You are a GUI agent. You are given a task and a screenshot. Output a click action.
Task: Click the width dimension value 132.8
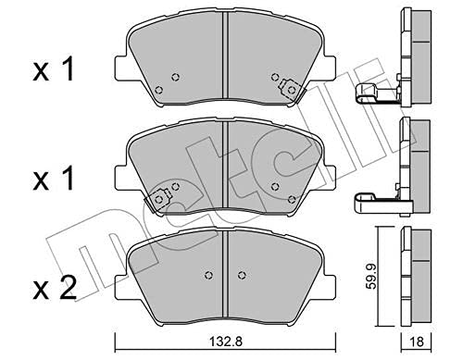pos(226,341)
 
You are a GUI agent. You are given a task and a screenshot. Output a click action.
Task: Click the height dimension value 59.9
pos(372,276)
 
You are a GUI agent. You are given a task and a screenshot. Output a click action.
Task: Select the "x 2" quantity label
pos(55,288)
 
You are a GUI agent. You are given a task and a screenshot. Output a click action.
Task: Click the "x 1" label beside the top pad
pos(53,69)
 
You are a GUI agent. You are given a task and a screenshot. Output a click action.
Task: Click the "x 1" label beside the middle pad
pos(53,179)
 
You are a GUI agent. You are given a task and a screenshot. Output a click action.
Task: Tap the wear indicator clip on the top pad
pos(291,90)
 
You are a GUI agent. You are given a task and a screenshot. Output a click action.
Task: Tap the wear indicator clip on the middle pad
pos(158,200)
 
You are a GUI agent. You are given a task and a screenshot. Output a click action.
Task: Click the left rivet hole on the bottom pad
pos(209,275)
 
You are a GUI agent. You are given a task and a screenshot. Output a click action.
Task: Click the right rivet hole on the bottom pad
pos(242,275)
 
